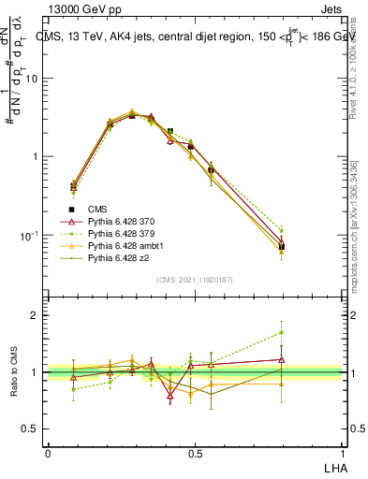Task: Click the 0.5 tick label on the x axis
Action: pyautogui.click(x=195, y=452)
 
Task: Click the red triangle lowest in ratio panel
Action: pyautogui.click(x=170, y=396)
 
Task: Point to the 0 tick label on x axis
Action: pyautogui.click(x=48, y=452)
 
